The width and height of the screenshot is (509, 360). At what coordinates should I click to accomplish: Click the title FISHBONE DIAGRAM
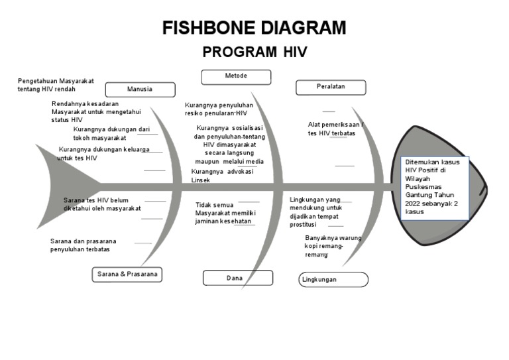tap(254, 28)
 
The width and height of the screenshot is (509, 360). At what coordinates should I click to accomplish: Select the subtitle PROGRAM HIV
tap(254, 52)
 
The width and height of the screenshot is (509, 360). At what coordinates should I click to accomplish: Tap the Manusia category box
tap(139, 90)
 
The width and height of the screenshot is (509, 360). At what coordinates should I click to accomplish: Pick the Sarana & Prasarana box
tap(127, 274)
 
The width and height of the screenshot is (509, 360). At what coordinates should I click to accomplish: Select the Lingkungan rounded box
tap(333, 280)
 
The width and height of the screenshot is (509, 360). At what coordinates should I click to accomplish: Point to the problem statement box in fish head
tap(436, 188)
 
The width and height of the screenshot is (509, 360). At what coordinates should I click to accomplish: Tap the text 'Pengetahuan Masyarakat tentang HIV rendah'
tap(56, 85)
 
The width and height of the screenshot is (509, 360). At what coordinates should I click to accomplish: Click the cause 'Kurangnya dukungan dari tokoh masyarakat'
tap(112, 134)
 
